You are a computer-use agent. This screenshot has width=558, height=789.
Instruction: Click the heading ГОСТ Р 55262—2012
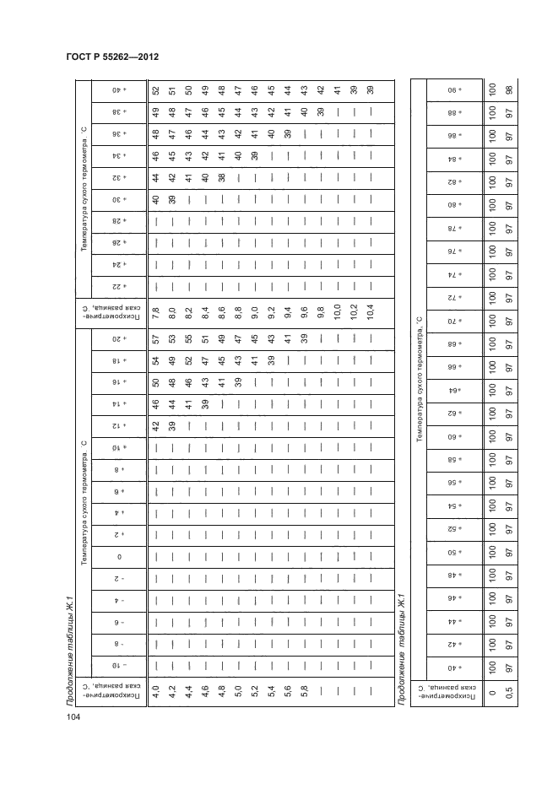(x=112, y=57)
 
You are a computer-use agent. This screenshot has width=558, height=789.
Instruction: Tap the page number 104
(x=73, y=717)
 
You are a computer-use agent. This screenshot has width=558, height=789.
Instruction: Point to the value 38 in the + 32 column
(x=221, y=178)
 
